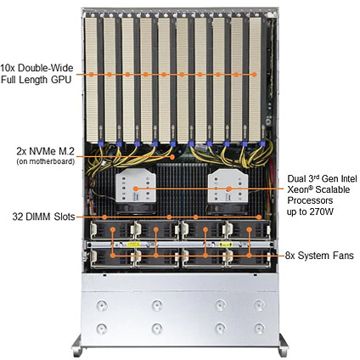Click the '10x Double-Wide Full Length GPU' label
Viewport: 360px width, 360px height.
(x=37, y=74)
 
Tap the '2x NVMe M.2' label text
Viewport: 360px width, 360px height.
(x=46, y=152)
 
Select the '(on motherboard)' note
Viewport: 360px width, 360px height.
(x=46, y=161)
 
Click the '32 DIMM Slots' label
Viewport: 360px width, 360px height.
(x=43, y=217)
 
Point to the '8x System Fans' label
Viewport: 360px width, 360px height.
(x=319, y=256)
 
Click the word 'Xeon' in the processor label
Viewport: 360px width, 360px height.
(x=298, y=189)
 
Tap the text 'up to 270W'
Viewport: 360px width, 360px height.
(x=311, y=211)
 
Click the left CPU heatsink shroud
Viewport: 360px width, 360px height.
(x=136, y=186)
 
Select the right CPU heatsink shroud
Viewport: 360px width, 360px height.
(x=228, y=186)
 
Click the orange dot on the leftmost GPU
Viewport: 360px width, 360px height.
(x=92, y=75)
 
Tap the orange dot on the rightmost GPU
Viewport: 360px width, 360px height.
(x=254, y=75)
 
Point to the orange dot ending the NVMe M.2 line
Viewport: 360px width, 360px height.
(x=172, y=156)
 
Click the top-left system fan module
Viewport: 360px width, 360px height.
(x=111, y=231)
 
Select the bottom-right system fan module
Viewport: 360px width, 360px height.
(x=249, y=257)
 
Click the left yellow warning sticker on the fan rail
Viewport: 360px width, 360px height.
(x=133, y=245)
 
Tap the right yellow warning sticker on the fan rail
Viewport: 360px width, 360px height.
(x=226, y=245)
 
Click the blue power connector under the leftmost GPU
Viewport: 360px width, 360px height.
(x=100, y=143)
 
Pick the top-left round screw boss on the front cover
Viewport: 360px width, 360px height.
(x=101, y=306)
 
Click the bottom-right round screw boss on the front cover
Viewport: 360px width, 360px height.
(x=259, y=329)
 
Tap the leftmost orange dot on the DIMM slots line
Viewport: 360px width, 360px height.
(x=104, y=217)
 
